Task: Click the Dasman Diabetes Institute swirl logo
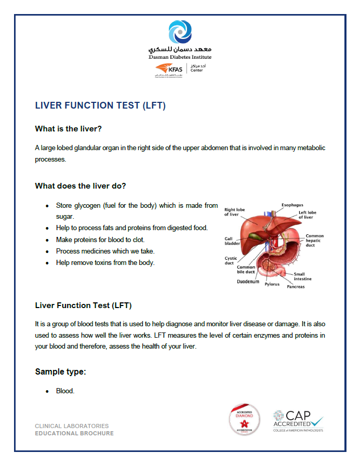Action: click(180, 33)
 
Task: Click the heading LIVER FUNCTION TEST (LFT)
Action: click(100, 105)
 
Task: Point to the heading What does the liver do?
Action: click(81, 185)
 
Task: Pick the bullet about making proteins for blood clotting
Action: click(100, 239)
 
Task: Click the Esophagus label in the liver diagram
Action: click(292, 205)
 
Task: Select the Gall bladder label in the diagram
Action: click(232, 241)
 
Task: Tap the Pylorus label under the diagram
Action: click(272, 284)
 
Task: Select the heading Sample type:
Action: click(60, 371)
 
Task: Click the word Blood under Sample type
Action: click(65, 391)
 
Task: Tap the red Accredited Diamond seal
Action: click(244, 419)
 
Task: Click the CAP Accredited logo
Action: click(298, 421)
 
